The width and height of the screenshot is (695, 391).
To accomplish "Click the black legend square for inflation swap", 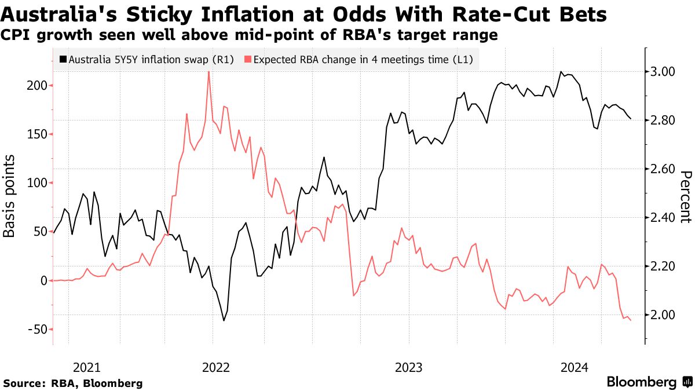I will pos(63,59).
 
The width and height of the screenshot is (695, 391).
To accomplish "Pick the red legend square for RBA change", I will pos(248,59).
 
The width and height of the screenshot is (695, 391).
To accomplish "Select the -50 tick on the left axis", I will pos(39,329).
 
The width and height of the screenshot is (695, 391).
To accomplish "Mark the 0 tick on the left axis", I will pos(43,280).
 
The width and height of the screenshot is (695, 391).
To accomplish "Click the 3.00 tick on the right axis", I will pos(662,72).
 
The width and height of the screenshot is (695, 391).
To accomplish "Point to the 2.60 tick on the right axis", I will pos(662,169).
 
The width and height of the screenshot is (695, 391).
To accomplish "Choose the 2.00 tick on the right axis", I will pos(662,315).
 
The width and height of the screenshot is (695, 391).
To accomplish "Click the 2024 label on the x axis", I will pos(575,367).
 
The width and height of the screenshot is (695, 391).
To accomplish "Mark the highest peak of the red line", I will pos(209,72).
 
